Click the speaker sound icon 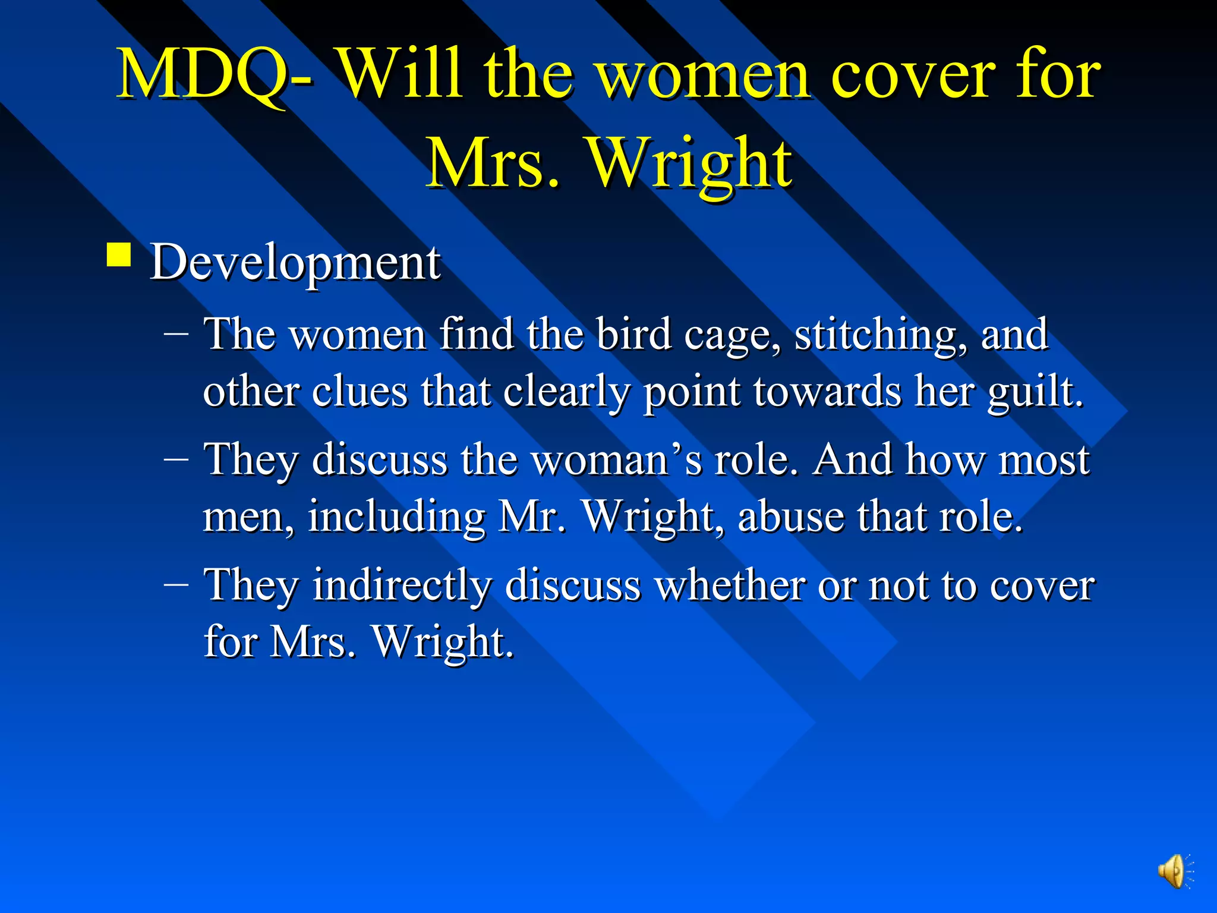tap(1174, 871)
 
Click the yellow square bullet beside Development tap(119, 256)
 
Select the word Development tap(295, 262)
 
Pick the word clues tap(360, 392)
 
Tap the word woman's tap(616, 460)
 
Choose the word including tap(396, 517)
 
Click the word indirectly tap(402, 585)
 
